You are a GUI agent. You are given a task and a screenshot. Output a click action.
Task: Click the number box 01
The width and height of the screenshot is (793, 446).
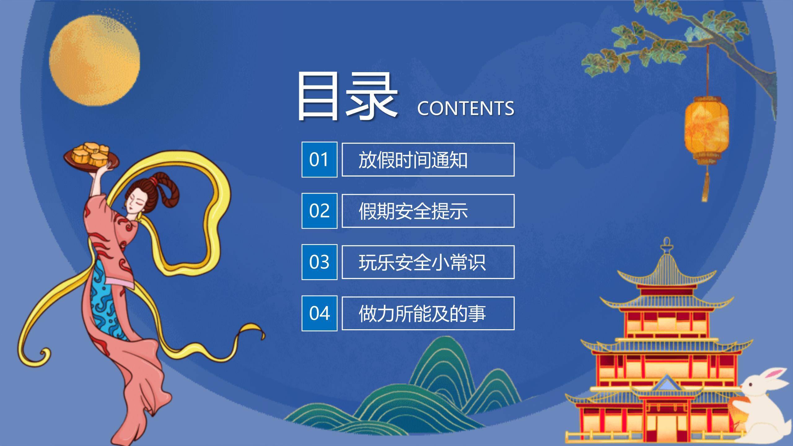point(319,160)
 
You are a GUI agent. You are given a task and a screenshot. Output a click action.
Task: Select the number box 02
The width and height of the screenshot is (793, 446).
point(319,211)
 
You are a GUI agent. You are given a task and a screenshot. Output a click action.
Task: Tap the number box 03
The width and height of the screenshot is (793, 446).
point(319,262)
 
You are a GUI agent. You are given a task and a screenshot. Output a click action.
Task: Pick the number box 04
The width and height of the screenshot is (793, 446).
point(319,313)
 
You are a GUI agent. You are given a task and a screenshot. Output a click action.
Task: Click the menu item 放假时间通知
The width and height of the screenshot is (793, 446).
point(428,160)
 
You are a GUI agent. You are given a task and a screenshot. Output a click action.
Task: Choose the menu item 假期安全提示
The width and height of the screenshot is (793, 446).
point(428,211)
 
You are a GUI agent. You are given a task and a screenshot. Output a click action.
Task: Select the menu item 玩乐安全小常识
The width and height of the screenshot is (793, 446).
point(428,262)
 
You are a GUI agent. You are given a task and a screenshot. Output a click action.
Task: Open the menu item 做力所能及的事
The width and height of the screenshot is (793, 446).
point(428,313)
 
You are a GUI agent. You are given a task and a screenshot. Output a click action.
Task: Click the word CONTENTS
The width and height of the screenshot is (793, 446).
point(465,108)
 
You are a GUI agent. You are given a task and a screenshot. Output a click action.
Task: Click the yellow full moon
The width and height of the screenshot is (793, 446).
point(94,60)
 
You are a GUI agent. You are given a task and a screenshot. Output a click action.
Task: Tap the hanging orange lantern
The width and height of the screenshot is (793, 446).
point(706,130)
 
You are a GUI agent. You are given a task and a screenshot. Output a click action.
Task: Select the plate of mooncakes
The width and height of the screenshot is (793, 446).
point(92,156)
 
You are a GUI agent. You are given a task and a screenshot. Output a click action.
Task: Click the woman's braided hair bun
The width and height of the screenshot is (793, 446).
point(166,189)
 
